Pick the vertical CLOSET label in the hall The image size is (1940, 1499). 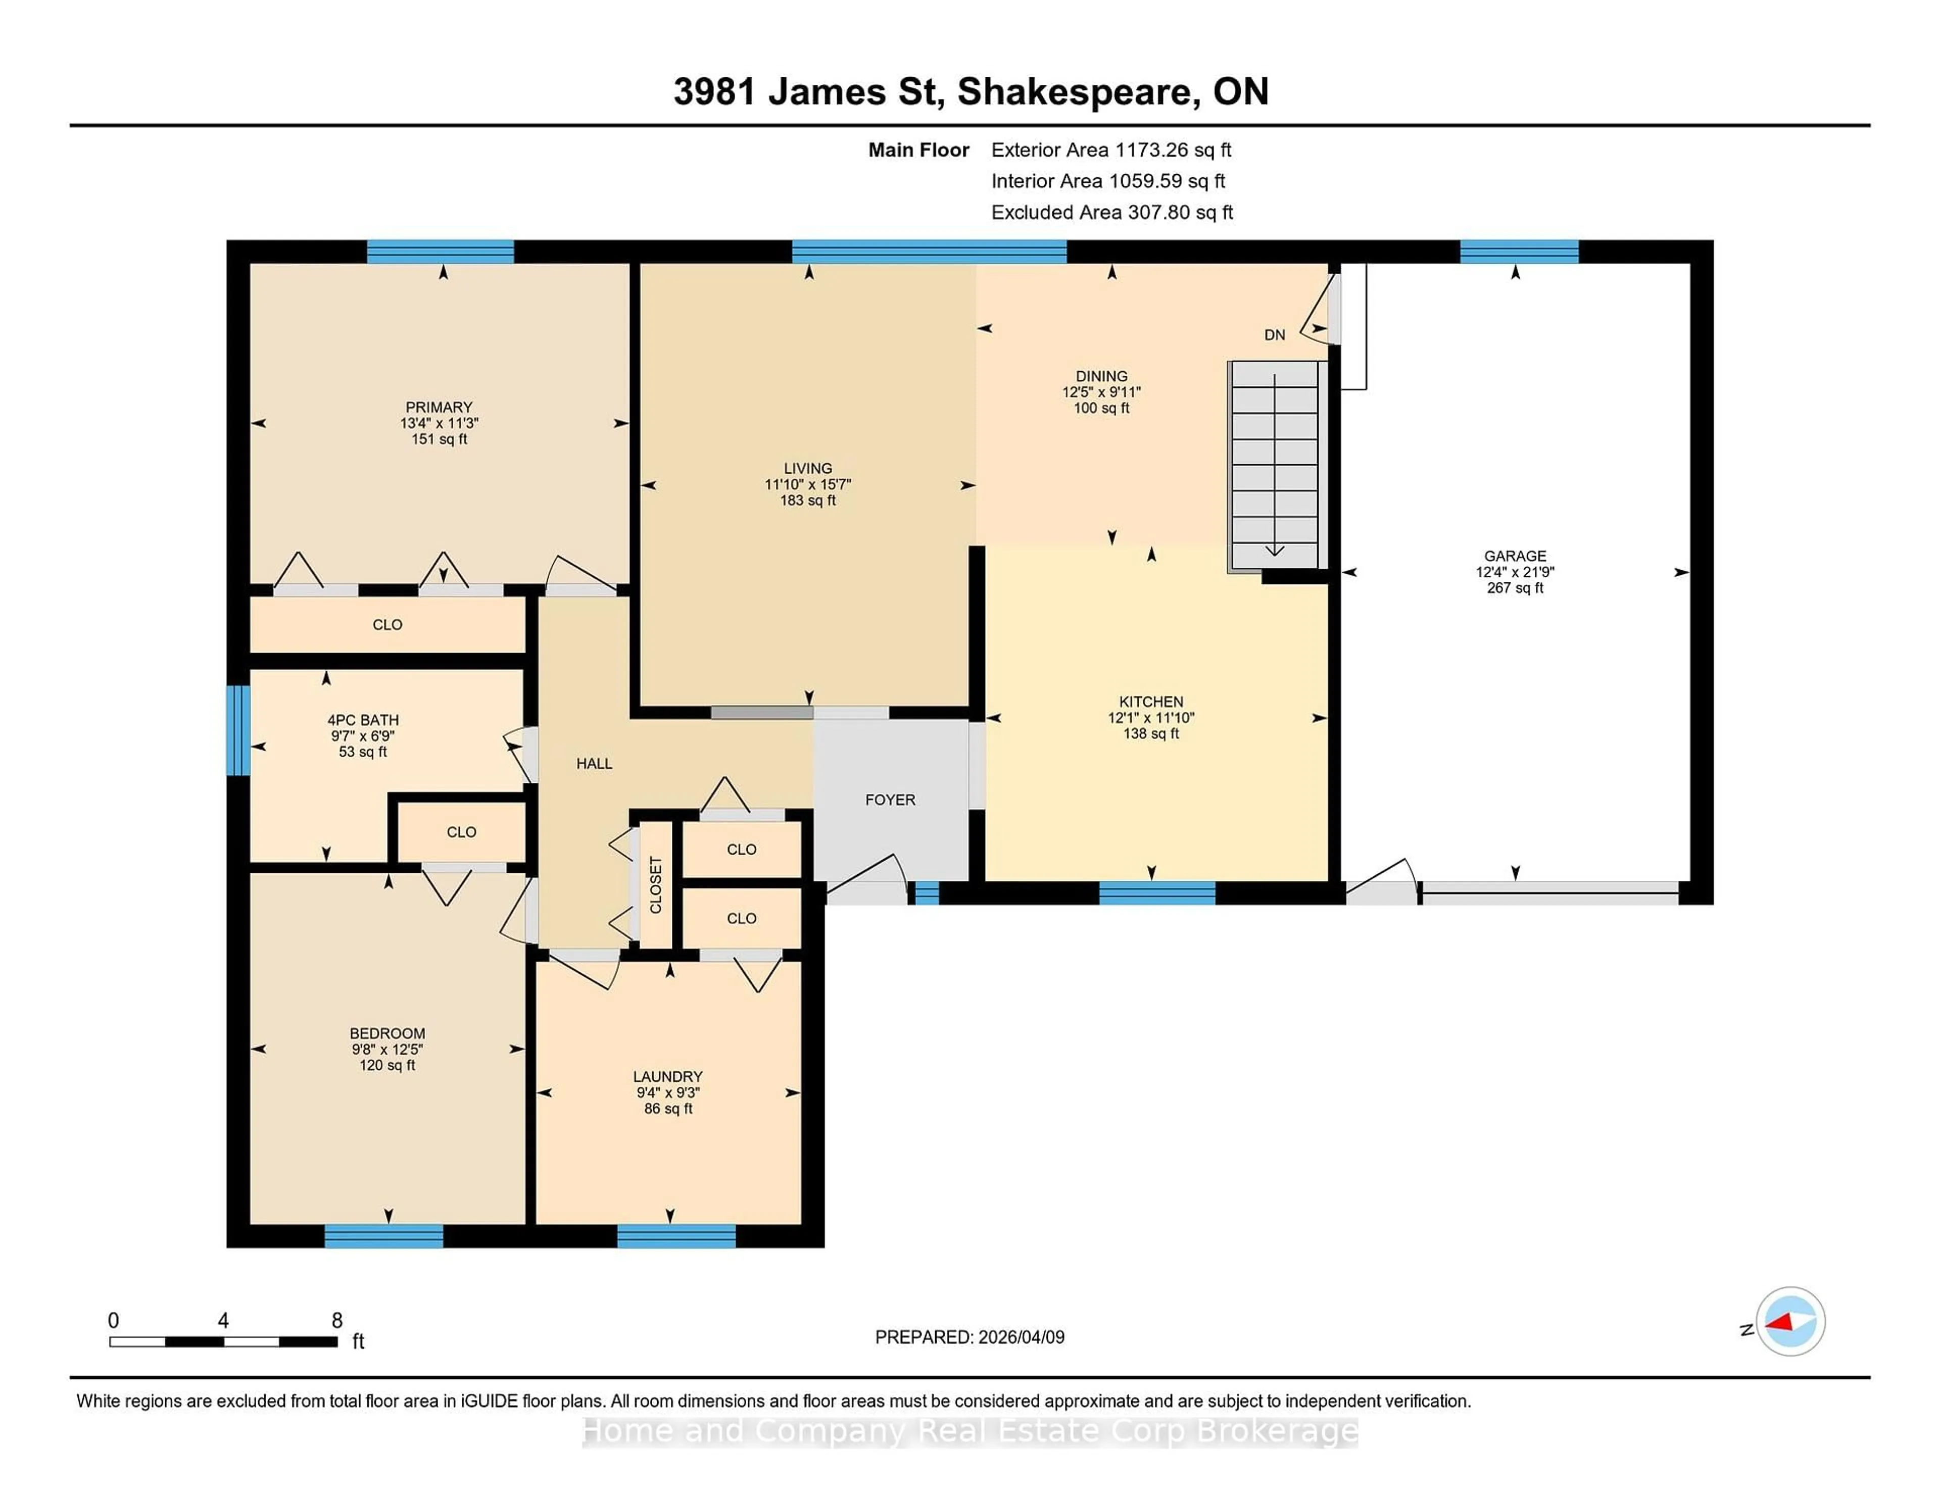[656, 884]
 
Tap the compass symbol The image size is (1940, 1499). [1790, 1321]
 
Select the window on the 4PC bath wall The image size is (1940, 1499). [238, 730]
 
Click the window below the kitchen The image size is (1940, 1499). [1156, 892]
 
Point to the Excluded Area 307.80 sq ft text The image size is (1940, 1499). [1111, 212]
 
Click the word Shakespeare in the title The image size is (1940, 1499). [1074, 91]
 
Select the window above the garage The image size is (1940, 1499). [1519, 252]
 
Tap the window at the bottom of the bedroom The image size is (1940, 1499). [384, 1236]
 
